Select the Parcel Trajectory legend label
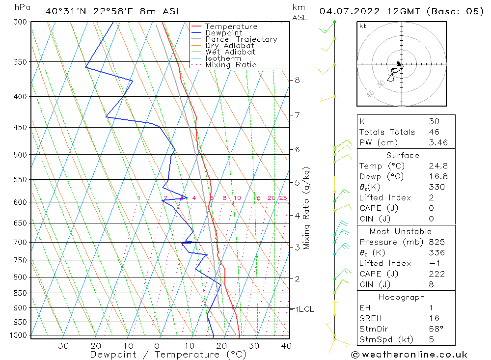point(241,39)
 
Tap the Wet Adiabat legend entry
point(230,52)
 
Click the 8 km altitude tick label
point(298,80)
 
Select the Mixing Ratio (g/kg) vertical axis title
point(307,208)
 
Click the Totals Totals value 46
point(434,132)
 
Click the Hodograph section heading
point(402,297)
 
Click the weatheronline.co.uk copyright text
point(409,355)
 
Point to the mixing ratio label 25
point(283,198)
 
